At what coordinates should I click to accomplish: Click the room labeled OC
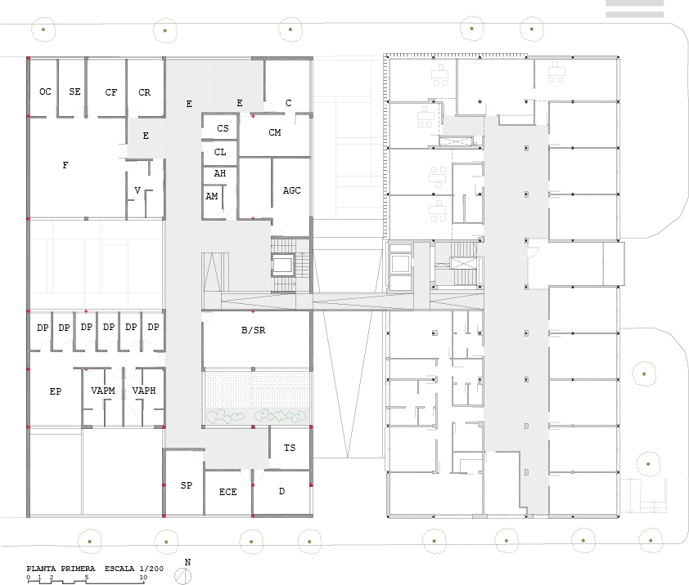pos(45,92)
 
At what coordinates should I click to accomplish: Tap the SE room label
pos(74,92)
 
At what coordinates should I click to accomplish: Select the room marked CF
pos(111,92)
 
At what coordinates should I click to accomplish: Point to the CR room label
pos(145,92)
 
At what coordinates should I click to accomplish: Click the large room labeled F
pos(65,165)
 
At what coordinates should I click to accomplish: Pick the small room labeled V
pos(137,190)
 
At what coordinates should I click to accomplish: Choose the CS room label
pos(223,128)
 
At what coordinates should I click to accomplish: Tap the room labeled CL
pos(220,152)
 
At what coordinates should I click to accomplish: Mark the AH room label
pos(220,174)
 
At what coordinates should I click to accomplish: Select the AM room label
pos(212,197)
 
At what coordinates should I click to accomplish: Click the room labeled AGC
pos(292,190)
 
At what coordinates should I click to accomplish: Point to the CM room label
pos(275,132)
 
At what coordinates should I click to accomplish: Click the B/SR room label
pos(254,330)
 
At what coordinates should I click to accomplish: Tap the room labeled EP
pos(56,391)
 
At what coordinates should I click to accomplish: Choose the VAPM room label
pos(103,391)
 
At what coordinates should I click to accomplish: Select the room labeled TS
pos(290,448)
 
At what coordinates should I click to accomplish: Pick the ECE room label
pos(228,493)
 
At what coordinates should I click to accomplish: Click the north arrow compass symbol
pos(182,576)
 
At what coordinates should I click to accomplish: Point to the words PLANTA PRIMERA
pos(61,569)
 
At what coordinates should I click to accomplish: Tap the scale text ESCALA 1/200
pos(134,569)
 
